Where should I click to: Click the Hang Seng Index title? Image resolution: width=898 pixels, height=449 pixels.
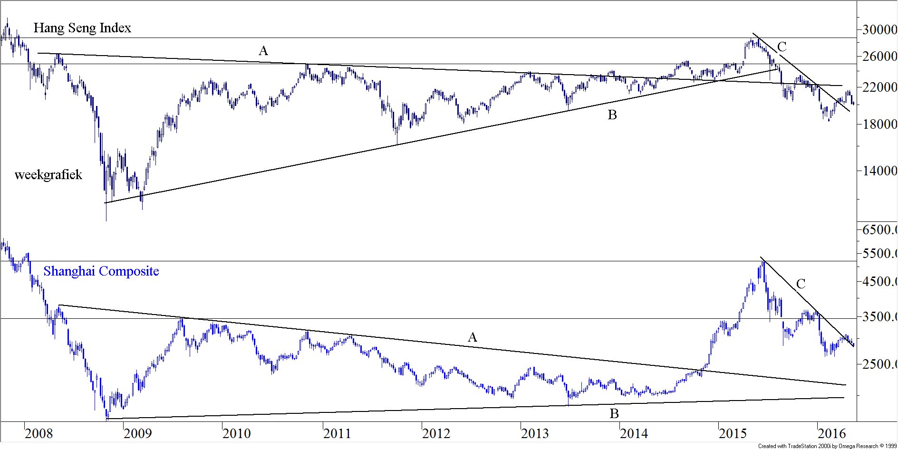pos(82,28)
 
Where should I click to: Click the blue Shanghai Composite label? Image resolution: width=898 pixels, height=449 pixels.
pos(101,271)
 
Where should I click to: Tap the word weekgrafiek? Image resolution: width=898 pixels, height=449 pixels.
pos(48,175)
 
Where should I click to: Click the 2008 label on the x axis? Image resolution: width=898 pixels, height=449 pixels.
pos(39,433)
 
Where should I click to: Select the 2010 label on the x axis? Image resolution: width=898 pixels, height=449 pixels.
pos(237,433)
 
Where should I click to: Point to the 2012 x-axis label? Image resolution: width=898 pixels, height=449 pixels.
pos(436,433)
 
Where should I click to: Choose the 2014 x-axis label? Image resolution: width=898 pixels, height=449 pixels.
pos(634,433)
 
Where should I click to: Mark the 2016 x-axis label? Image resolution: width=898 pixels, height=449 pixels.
pos(832,433)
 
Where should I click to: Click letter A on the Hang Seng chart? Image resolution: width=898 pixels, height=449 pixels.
pos(263,51)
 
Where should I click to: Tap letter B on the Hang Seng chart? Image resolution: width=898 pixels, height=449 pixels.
pos(612,115)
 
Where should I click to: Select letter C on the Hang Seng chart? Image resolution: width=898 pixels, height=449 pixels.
pos(782,47)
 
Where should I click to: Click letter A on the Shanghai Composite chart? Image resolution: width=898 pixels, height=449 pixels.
pos(472,337)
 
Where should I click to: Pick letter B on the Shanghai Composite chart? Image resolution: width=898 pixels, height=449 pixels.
pos(614,414)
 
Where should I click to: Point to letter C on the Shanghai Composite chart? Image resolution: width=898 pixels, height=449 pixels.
pos(801,284)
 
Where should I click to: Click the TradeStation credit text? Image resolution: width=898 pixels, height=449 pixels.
pos(827,446)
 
